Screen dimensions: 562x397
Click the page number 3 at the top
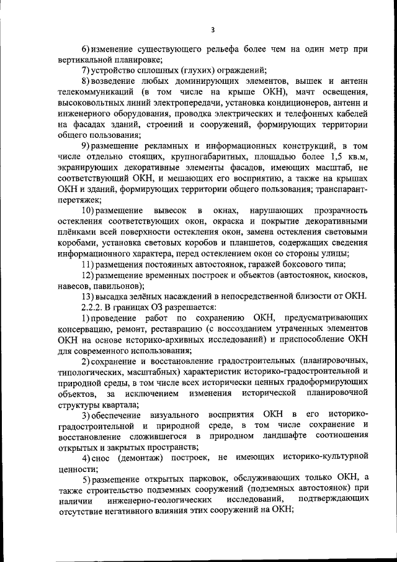point(212,29)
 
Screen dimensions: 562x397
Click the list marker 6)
point(87,49)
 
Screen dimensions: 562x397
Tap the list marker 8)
point(87,81)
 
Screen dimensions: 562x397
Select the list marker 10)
point(91,212)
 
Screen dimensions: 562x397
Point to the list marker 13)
point(89,296)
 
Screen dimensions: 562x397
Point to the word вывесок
point(168,212)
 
